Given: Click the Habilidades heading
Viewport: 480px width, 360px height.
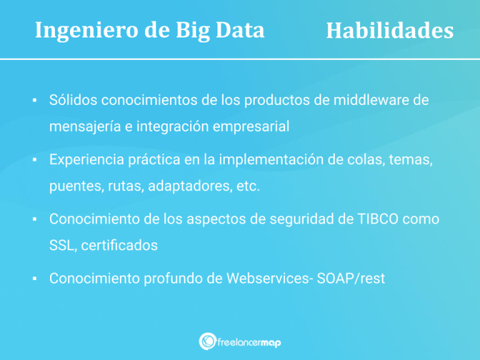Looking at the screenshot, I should coord(389,31).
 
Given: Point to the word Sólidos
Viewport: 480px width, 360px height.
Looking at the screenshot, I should coord(72,100).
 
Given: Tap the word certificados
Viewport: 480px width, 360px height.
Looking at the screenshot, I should coord(120,246).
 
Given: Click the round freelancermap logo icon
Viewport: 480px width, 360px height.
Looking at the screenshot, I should coord(207,341).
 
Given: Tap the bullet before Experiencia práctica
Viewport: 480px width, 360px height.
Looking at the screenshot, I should coord(35,160).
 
